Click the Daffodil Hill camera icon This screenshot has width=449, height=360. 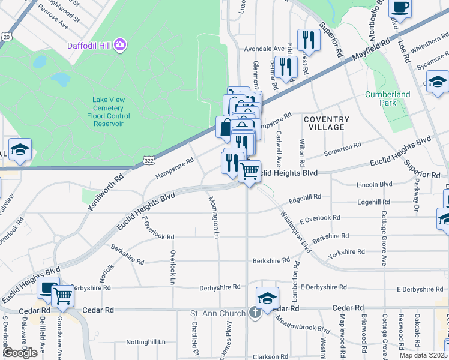coord(120,45)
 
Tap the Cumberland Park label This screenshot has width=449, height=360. coord(388,98)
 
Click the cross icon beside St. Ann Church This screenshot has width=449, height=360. coord(255,313)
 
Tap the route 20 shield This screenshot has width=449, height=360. coord(6,37)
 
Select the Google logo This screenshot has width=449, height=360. coord(20,353)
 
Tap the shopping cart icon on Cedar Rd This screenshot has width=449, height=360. coord(62,295)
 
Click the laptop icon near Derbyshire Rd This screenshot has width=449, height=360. coord(48,288)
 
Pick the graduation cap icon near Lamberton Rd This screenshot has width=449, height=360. coord(267,298)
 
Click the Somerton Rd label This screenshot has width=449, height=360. coord(342,149)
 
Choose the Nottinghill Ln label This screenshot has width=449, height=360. coord(146,342)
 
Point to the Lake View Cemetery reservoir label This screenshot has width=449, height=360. coord(109,112)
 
